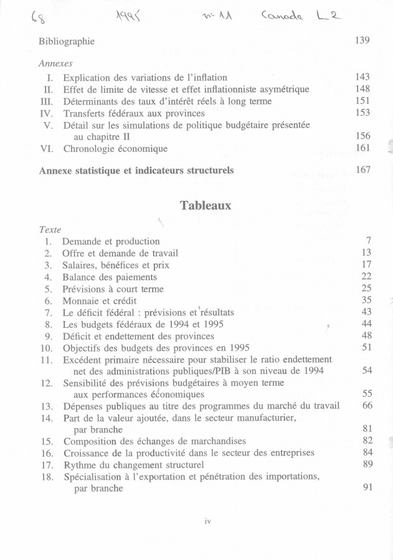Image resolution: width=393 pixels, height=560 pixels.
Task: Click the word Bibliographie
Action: click(x=67, y=41)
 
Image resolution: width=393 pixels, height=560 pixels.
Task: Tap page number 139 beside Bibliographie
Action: click(x=362, y=40)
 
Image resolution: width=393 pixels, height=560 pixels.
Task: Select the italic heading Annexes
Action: click(x=55, y=63)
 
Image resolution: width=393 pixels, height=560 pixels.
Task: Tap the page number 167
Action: click(x=362, y=170)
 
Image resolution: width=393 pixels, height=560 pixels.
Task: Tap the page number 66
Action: click(x=366, y=406)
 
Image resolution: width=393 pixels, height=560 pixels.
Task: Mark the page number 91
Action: click(x=366, y=488)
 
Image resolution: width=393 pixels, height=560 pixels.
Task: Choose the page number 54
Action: click(x=366, y=370)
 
